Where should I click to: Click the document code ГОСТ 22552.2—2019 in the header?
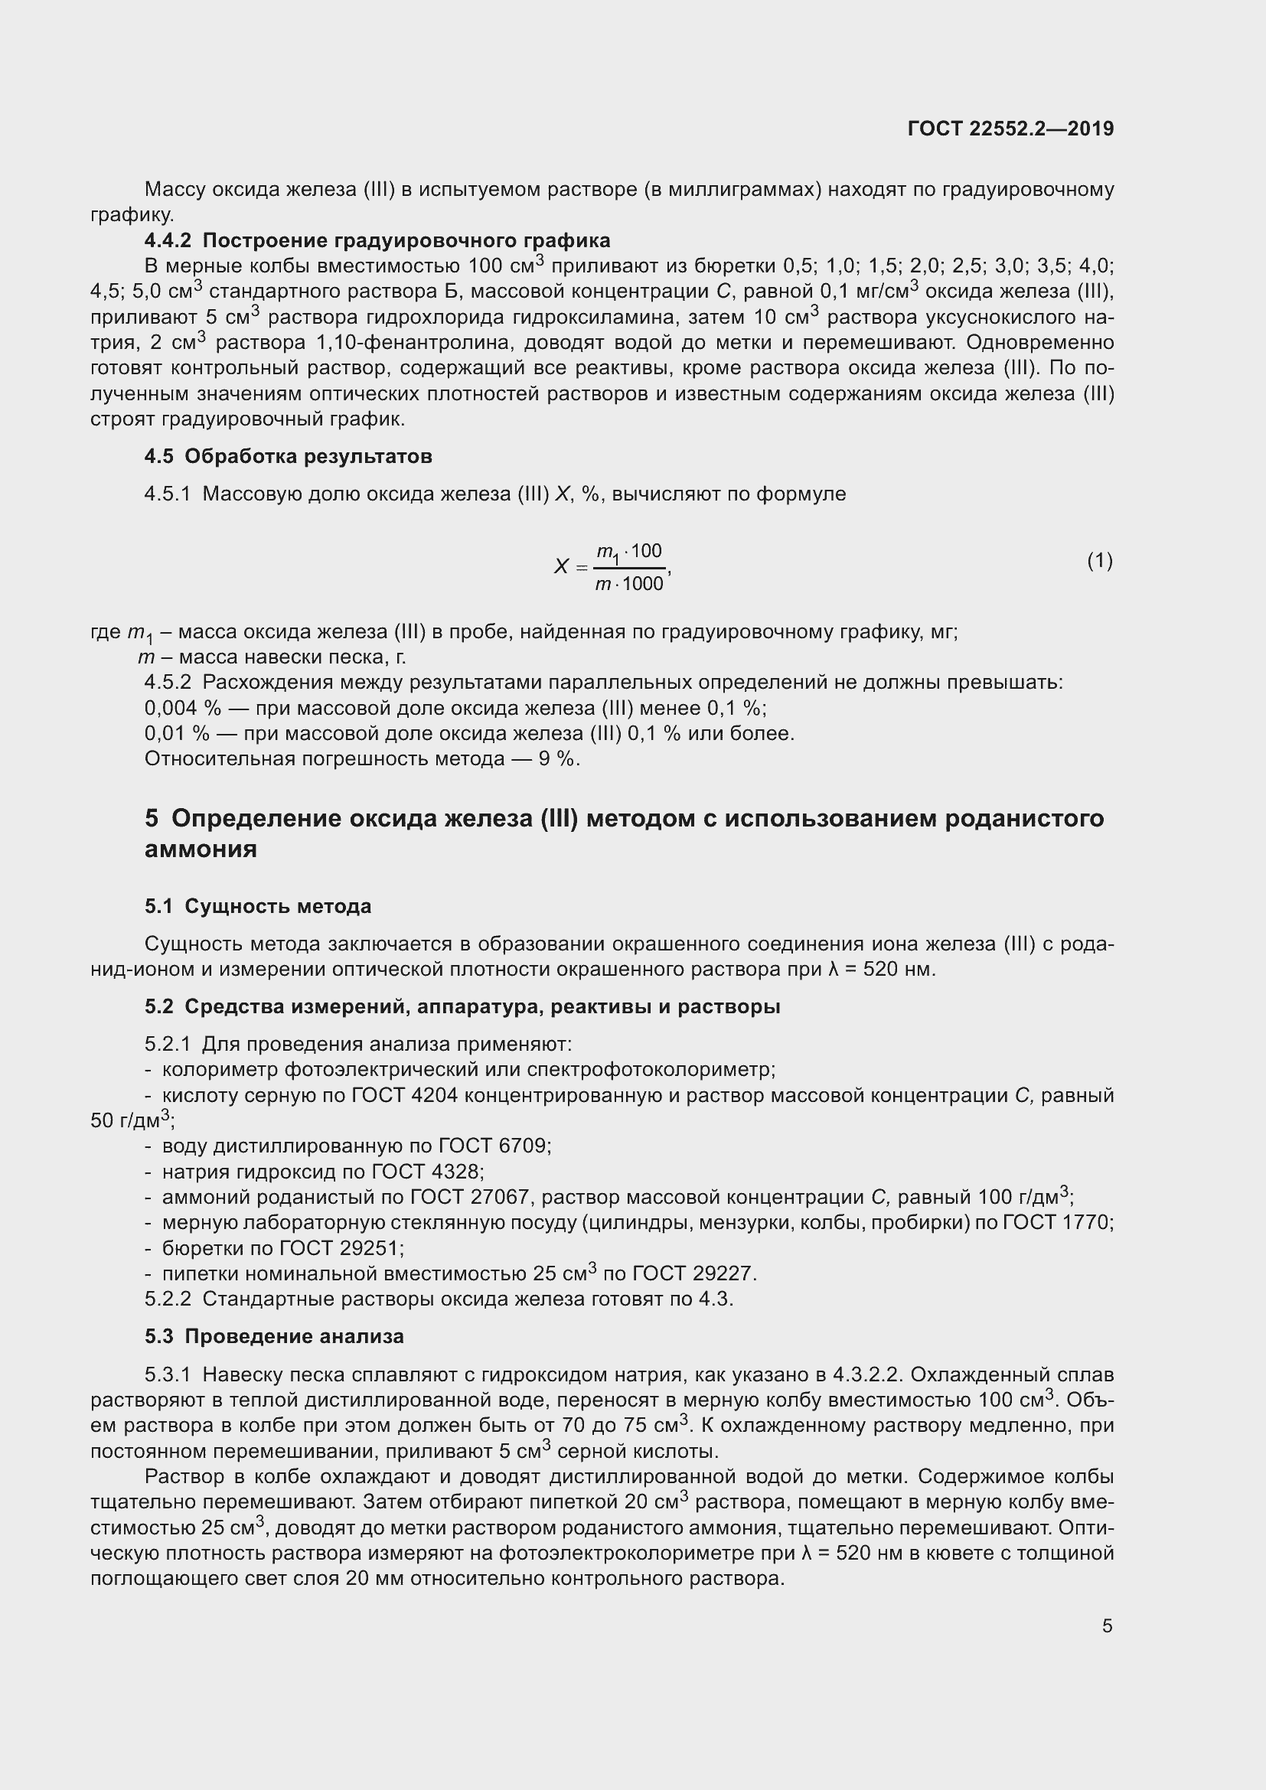1010,129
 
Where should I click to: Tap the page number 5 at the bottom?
1107,1626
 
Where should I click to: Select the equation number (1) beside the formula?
1099,560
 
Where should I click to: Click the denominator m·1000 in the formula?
628,584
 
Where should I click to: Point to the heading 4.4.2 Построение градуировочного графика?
377,240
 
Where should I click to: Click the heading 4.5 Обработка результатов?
288,456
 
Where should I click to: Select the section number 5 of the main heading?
152,819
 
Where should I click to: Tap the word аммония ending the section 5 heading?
201,849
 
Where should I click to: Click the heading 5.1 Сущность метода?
257,907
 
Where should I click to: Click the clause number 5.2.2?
168,1299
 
